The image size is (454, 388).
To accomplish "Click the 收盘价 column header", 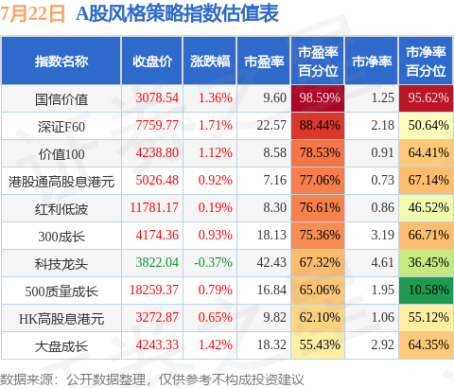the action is tap(152, 62).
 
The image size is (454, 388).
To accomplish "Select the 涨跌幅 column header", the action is tap(210, 62).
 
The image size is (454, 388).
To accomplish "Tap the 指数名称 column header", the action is tap(61, 62).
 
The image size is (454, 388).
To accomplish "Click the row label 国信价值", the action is tap(61, 99).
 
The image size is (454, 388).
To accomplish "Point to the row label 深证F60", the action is tap(61, 127).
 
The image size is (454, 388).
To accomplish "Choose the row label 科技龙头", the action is tap(61, 264).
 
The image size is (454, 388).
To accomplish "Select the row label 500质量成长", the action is tap(61, 291).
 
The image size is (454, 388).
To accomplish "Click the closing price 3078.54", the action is tap(157, 97).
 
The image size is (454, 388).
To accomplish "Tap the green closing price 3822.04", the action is tap(157, 262).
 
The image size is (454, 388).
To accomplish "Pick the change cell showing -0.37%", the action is tap(213, 262).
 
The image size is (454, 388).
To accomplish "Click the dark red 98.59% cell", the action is tap(318, 98).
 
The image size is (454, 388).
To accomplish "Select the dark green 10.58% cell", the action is tap(426, 291).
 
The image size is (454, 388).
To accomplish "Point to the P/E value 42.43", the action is tap(271, 262).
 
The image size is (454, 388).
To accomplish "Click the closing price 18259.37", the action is tap(154, 290).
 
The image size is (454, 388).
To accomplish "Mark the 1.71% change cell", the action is tap(216, 125).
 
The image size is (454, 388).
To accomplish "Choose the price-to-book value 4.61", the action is tap(382, 262).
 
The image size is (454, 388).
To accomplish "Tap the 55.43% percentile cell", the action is tap(318, 345).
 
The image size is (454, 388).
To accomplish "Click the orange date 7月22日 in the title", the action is tap(32, 14).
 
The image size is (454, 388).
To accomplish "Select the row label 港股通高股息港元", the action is tap(61, 182).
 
